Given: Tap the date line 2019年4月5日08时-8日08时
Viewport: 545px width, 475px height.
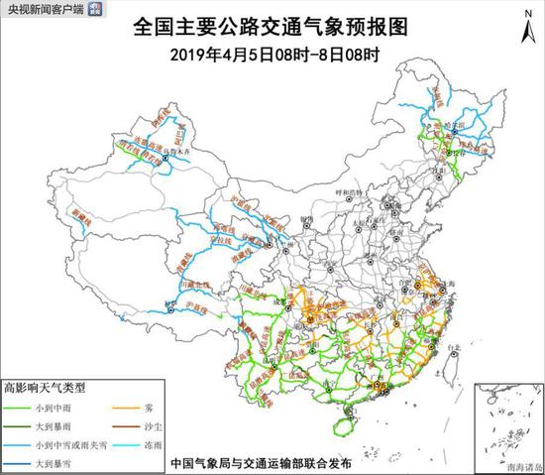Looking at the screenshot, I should [273, 55].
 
